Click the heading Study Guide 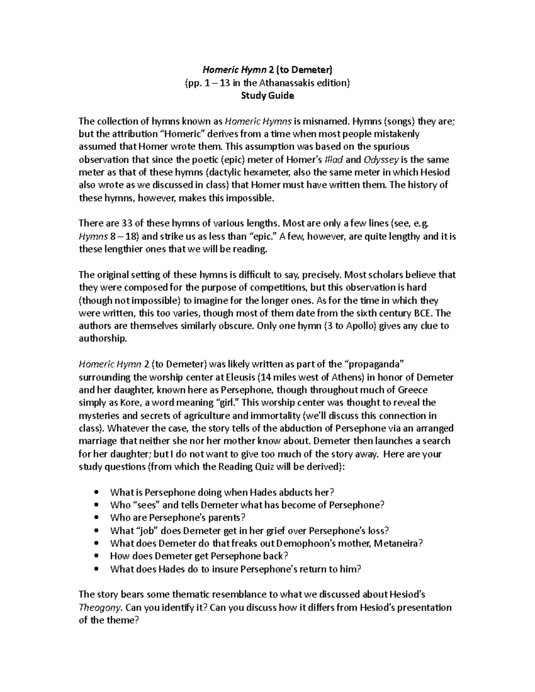267,95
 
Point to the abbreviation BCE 424,313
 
